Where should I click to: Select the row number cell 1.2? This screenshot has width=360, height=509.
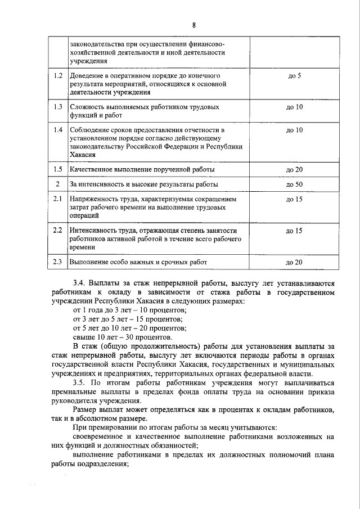click(x=57, y=75)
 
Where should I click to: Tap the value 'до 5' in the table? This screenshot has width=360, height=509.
click(x=294, y=75)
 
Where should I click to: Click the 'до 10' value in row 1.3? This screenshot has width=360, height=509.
click(x=294, y=106)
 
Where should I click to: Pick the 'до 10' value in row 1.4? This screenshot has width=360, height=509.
click(x=294, y=130)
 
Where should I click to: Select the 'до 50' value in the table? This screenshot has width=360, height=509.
click(x=294, y=184)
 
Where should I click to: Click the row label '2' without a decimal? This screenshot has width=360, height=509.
click(x=57, y=184)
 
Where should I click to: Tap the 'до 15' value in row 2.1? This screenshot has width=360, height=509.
click(x=294, y=199)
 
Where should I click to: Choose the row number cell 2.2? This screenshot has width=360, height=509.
click(x=57, y=231)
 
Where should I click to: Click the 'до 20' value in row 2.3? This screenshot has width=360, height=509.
click(x=294, y=262)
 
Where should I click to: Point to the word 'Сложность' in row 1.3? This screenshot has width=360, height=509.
click(x=88, y=106)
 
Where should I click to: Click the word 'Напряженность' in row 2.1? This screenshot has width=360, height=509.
click(x=94, y=199)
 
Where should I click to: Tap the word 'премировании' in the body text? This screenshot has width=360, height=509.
click(x=106, y=428)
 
